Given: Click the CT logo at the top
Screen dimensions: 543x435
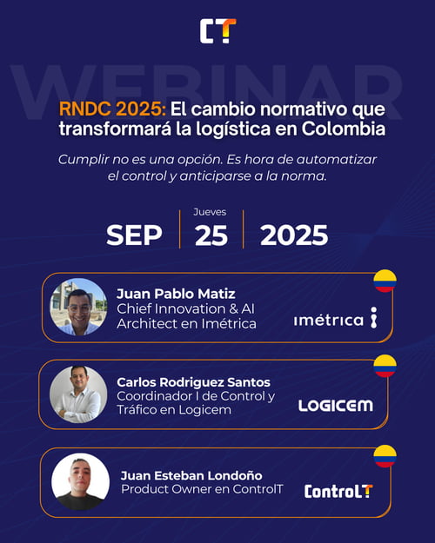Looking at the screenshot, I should [217, 31].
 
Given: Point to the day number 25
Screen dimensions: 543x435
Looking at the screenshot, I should [211, 235].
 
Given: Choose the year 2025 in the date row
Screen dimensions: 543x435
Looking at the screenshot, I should [294, 235].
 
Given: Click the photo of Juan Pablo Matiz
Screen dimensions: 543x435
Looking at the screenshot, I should [78, 307].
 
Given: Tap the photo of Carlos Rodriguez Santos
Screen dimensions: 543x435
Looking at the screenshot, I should [78, 394].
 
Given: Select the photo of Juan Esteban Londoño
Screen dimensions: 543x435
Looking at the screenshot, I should [80, 481].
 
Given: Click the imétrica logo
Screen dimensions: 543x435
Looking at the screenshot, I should [335, 319].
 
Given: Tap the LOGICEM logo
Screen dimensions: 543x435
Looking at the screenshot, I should [334, 405].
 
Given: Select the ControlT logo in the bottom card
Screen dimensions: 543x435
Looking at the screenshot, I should [338, 491].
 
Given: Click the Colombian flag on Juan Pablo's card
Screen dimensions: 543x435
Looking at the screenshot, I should [385, 281].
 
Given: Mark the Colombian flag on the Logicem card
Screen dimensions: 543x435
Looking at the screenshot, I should [385, 366].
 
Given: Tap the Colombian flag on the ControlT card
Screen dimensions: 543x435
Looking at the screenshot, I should [385, 455].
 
